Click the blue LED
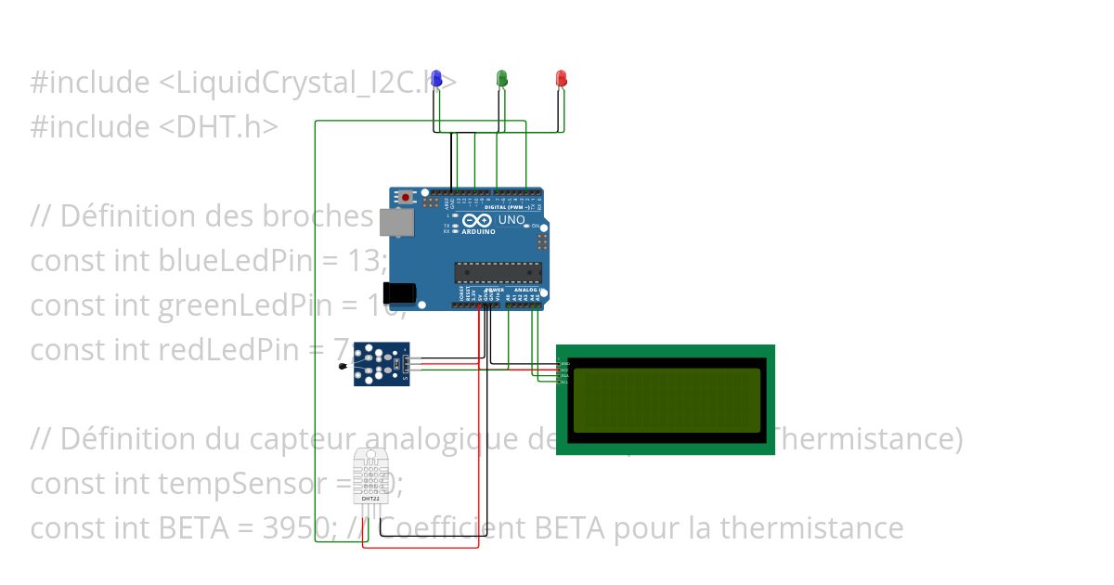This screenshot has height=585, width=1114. tap(436, 78)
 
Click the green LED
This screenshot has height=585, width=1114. tap(502, 78)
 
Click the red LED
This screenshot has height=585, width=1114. tap(561, 78)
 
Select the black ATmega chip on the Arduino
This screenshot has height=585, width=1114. tap(498, 271)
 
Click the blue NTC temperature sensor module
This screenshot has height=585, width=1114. tap(381, 363)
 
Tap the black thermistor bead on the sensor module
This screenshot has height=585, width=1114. tap(345, 370)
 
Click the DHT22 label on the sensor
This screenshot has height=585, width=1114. tap(369, 499)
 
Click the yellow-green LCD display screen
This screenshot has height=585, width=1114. tap(667, 399)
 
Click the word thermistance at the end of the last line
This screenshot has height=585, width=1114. tap(811, 528)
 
